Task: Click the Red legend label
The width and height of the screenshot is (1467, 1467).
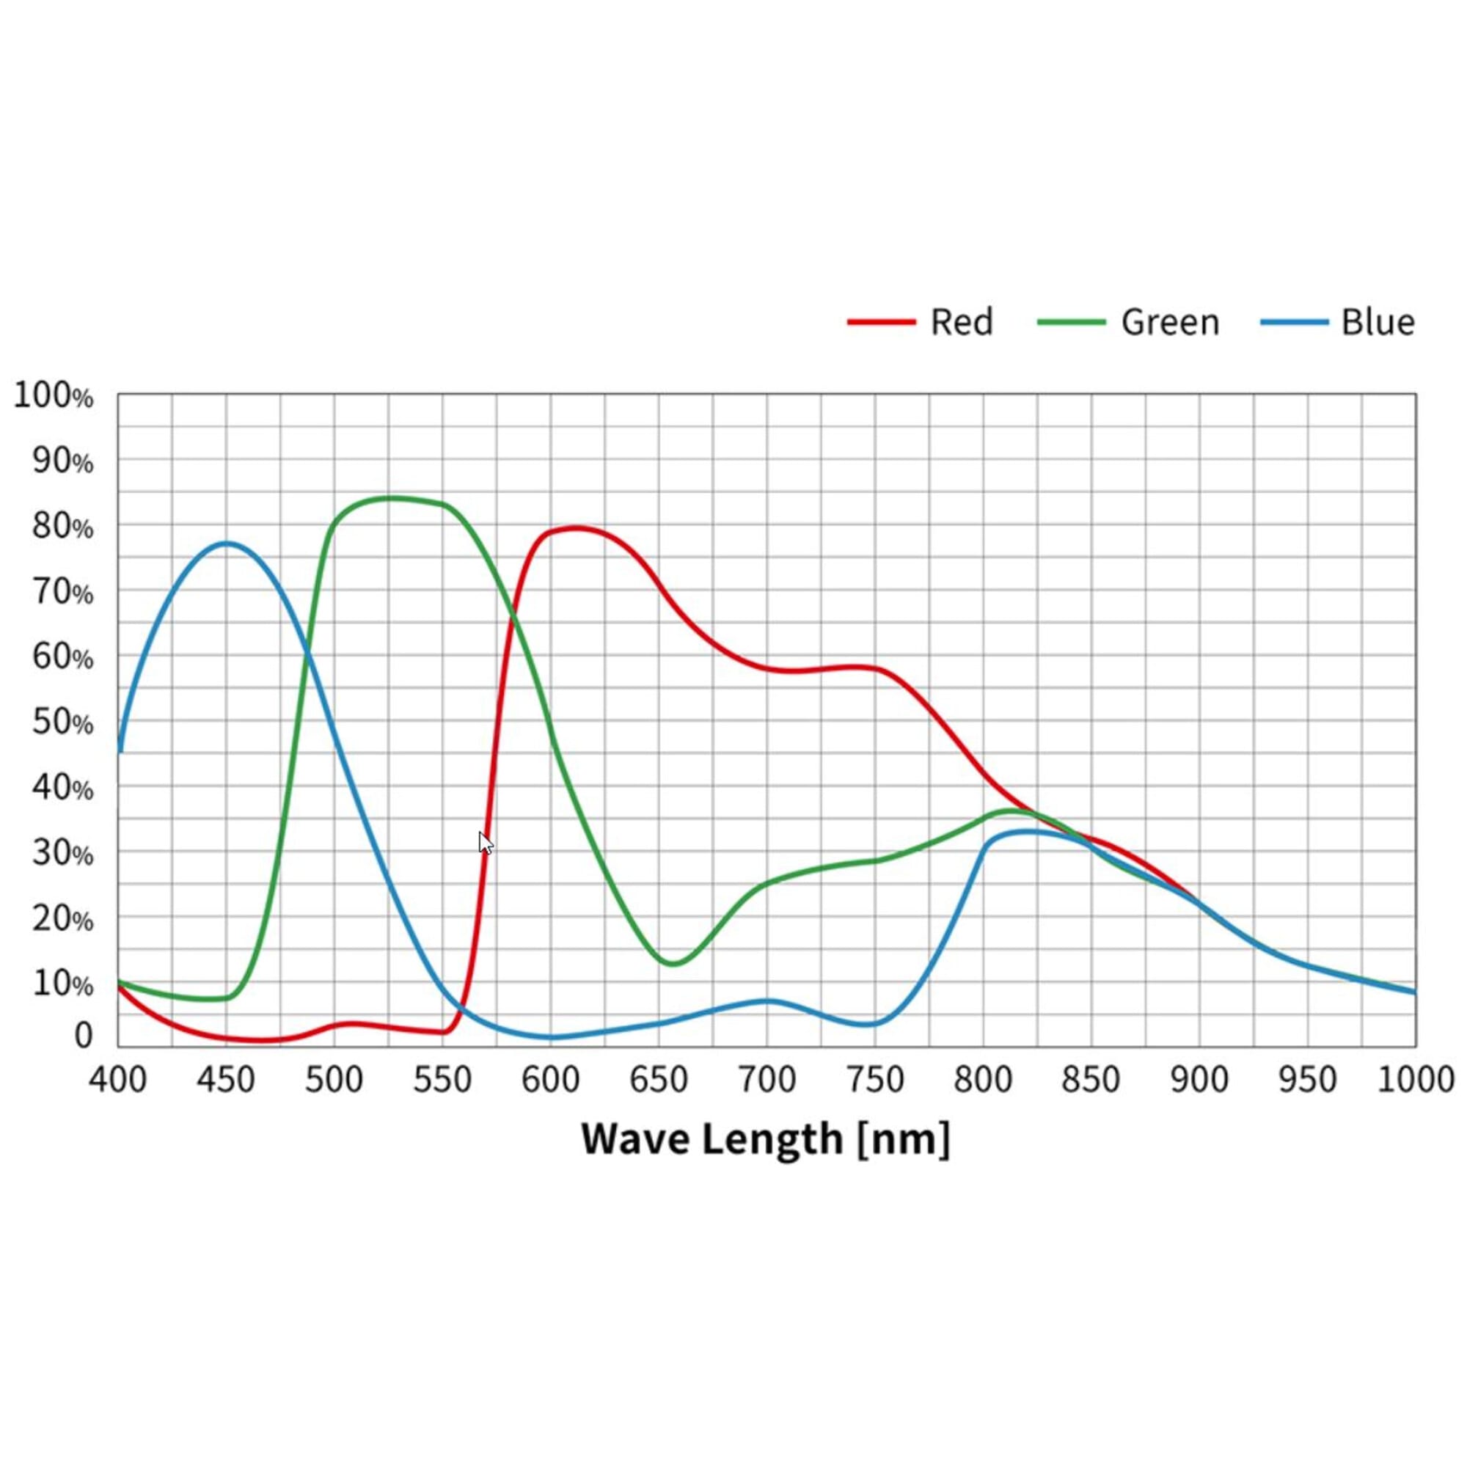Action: [962, 322]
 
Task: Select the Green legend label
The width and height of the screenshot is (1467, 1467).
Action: [1170, 322]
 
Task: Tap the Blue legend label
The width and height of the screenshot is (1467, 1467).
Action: [1378, 322]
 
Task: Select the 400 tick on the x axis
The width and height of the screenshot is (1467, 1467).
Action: [117, 1080]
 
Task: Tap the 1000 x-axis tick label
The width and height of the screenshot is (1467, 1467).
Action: [1415, 1080]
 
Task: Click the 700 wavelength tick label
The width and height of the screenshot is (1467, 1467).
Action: [767, 1080]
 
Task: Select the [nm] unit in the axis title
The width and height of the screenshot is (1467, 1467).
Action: [903, 1139]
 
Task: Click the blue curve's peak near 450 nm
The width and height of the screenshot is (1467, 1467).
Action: [226, 543]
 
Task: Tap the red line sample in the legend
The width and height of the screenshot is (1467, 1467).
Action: [881, 322]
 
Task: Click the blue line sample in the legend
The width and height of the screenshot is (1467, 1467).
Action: [1294, 322]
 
